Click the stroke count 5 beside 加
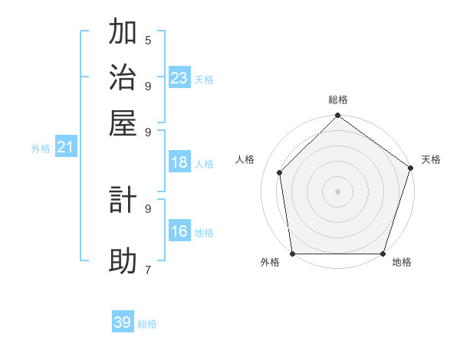coord(148,40)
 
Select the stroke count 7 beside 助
coord(148,270)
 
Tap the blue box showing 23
coord(179,77)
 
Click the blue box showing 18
coord(179,162)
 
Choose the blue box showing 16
coord(179,231)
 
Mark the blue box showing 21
coord(65,148)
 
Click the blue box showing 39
coord(123,322)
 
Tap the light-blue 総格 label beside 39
coord(147,324)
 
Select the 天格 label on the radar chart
coord(431,159)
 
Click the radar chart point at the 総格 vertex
coord(337,116)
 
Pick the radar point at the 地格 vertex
coord(383,254)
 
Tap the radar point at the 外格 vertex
coord(292,254)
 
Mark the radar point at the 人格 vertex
coord(280,172)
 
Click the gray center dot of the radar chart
coord(337,191)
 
